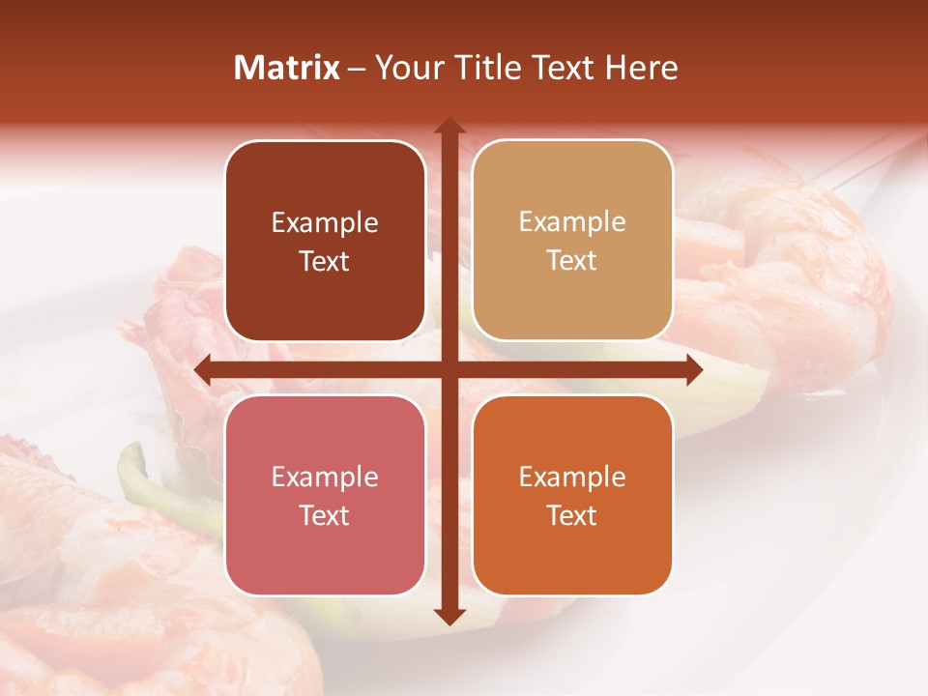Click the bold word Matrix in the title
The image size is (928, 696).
[x=287, y=68]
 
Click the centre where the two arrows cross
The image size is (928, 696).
[x=449, y=369]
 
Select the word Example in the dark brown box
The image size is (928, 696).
[x=325, y=223]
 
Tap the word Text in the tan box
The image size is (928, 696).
[x=572, y=261]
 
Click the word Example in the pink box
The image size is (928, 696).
[x=325, y=478]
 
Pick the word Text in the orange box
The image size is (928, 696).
[x=572, y=515]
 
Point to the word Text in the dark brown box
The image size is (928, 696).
[x=325, y=262]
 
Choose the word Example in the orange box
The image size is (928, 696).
[x=572, y=478]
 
